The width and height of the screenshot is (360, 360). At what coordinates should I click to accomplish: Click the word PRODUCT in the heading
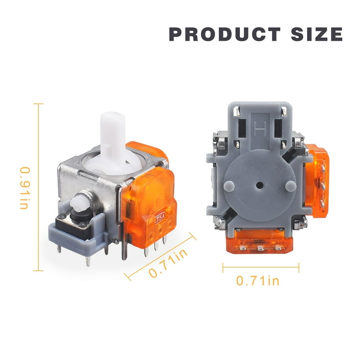[225, 34]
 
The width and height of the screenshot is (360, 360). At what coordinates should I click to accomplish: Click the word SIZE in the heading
[316, 34]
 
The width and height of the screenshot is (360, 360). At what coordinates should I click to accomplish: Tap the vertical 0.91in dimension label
[25, 188]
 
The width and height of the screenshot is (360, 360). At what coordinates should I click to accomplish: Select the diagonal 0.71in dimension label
[168, 263]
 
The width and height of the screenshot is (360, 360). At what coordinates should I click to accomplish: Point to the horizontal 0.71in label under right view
[258, 281]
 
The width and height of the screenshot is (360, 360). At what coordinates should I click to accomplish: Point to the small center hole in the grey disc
[260, 185]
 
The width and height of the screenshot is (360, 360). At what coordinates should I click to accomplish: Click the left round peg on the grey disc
[229, 186]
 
